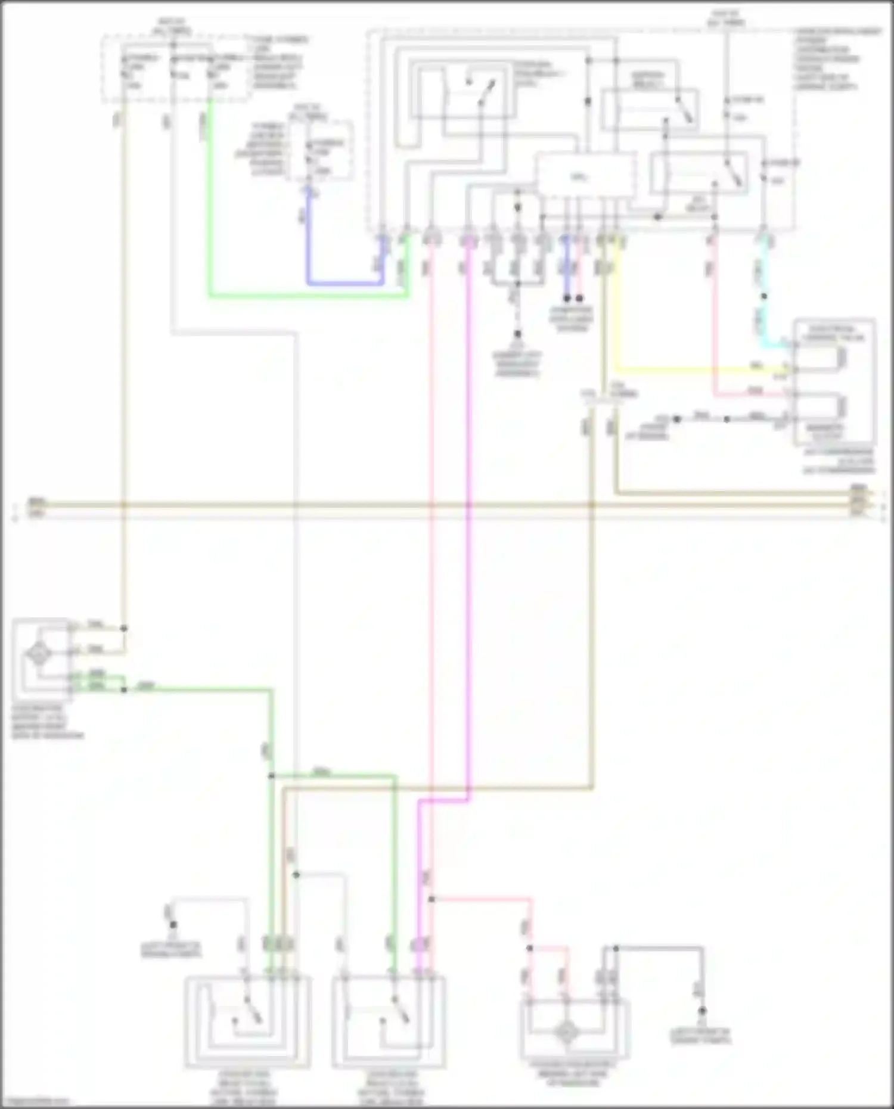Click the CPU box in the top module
pyautogui.click(x=584, y=175)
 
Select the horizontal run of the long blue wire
pyautogui.click(x=346, y=282)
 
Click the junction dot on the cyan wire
pyautogui.click(x=763, y=296)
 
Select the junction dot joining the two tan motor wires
pyautogui.click(x=124, y=628)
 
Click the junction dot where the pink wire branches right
pyautogui.click(x=432, y=899)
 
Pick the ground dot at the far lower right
pyautogui.click(x=702, y=1011)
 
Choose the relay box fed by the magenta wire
pyautogui.click(x=389, y=1021)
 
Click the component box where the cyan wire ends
pyautogui.click(x=834, y=382)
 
